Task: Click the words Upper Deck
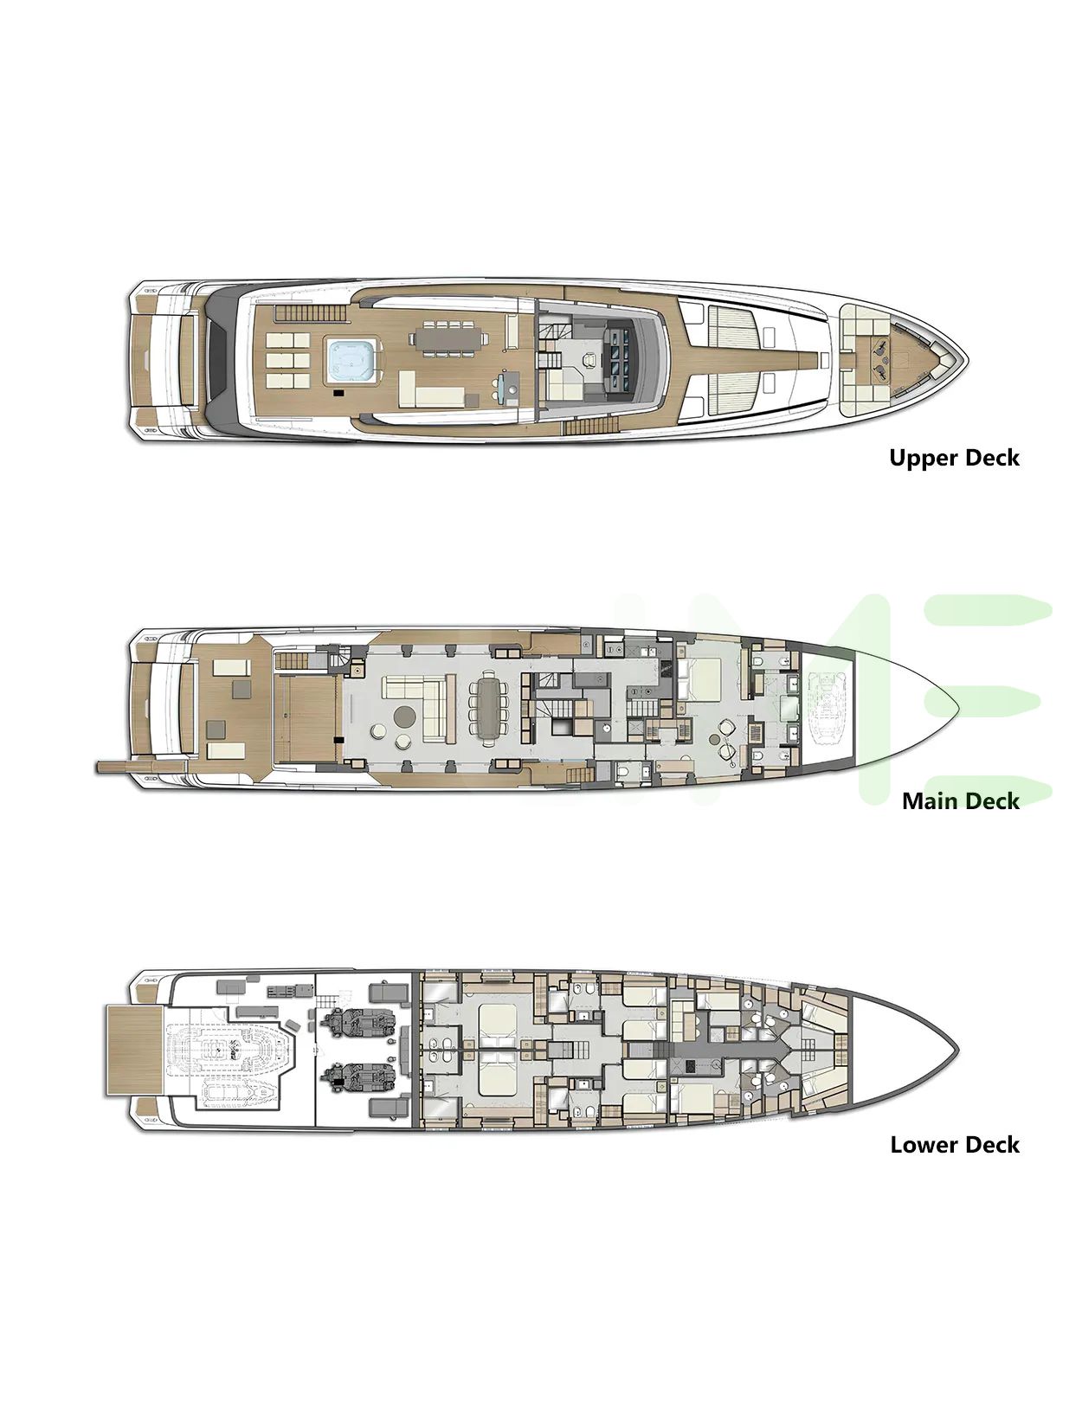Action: pyautogui.click(x=954, y=458)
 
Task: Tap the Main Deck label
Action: pyautogui.click(x=961, y=800)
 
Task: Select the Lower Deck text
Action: pyautogui.click(x=955, y=1145)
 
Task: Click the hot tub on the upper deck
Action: pyautogui.click(x=353, y=362)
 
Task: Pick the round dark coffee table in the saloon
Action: pyautogui.click(x=405, y=716)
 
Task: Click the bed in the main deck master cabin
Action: pyautogui.click(x=709, y=680)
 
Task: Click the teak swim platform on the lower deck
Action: pyautogui.click(x=133, y=1050)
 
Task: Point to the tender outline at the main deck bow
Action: pyautogui.click(x=828, y=709)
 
